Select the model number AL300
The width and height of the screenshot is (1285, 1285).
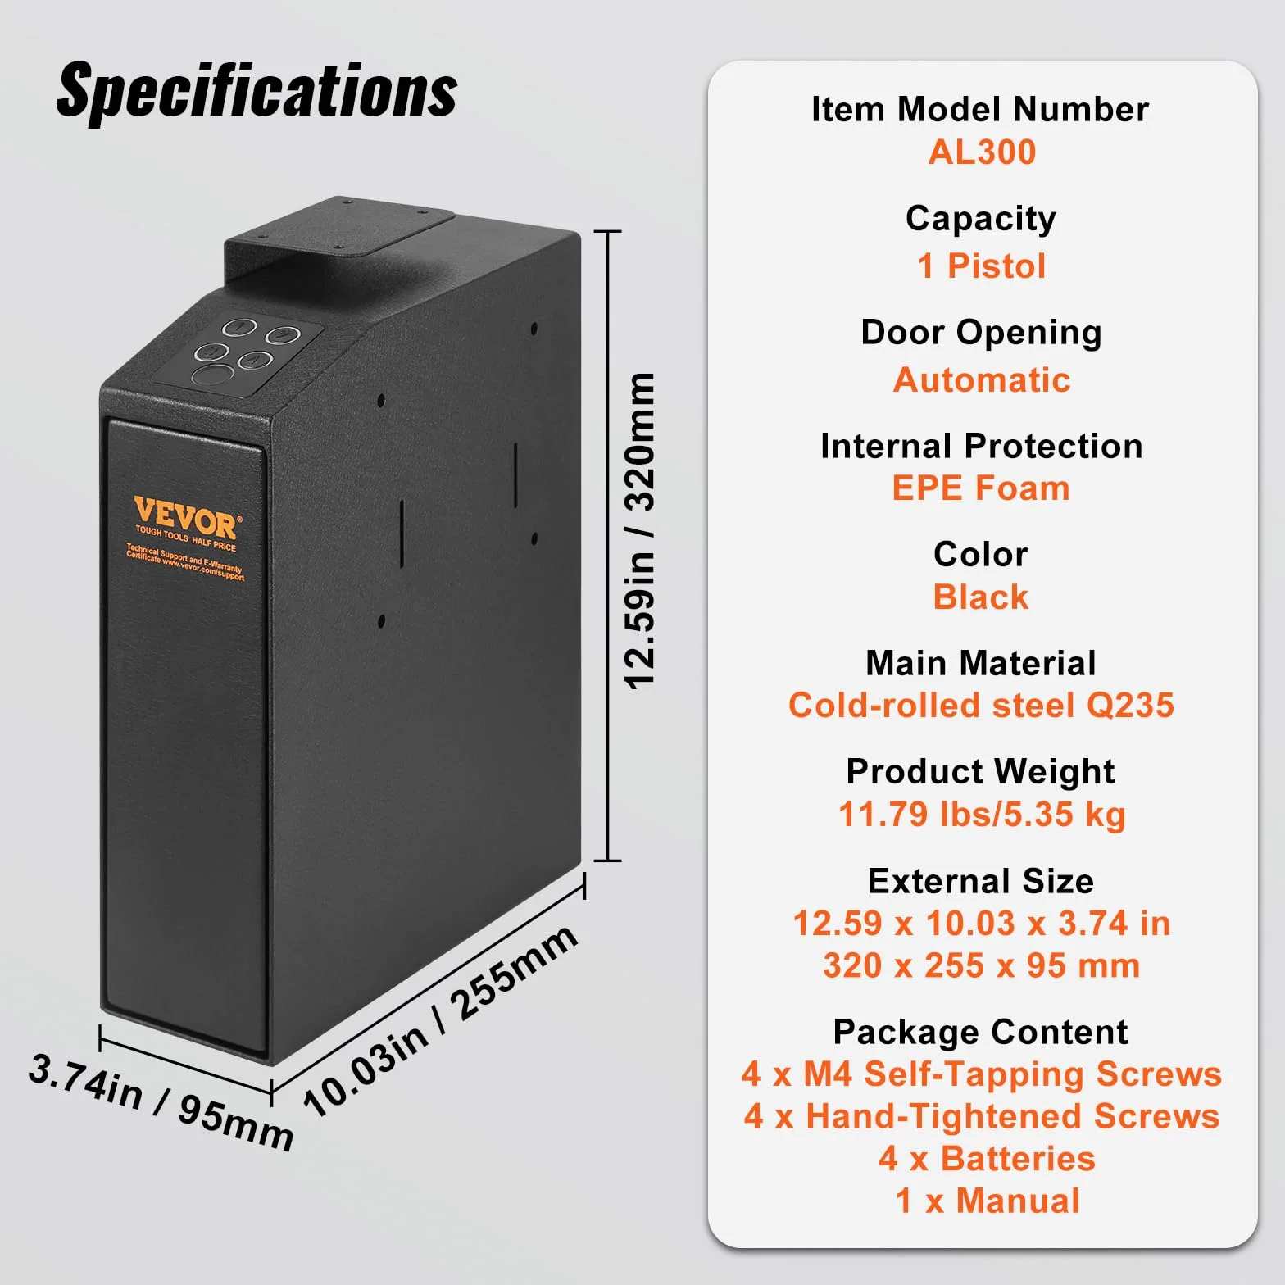(x=982, y=152)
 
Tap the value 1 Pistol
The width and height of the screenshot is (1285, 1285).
(x=981, y=266)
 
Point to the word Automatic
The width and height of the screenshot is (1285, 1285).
(x=982, y=379)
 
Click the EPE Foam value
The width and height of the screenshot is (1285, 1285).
(x=981, y=488)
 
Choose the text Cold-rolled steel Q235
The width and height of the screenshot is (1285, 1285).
(x=981, y=706)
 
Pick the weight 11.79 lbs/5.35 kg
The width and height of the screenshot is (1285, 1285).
(x=982, y=815)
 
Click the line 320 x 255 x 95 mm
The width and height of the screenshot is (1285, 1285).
(x=982, y=965)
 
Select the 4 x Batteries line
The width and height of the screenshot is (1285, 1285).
(x=987, y=1159)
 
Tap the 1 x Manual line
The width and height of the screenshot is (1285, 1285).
(x=988, y=1201)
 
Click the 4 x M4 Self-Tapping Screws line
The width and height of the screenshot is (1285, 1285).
(x=982, y=1074)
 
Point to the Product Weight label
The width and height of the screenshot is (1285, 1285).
(x=980, y=772)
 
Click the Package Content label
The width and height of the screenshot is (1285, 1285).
(x=980, y=1033)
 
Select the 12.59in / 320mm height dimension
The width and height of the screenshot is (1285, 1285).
(x=640, y=531)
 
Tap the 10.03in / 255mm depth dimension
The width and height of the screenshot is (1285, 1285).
(x=441, y=1019)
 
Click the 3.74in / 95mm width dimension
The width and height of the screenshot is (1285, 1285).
(x=161, y=1102)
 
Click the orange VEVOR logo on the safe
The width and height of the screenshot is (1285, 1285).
(x=185, y=518)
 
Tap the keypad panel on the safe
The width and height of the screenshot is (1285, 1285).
(x=239, y=353)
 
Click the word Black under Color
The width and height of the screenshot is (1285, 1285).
(x=981, y=597)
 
